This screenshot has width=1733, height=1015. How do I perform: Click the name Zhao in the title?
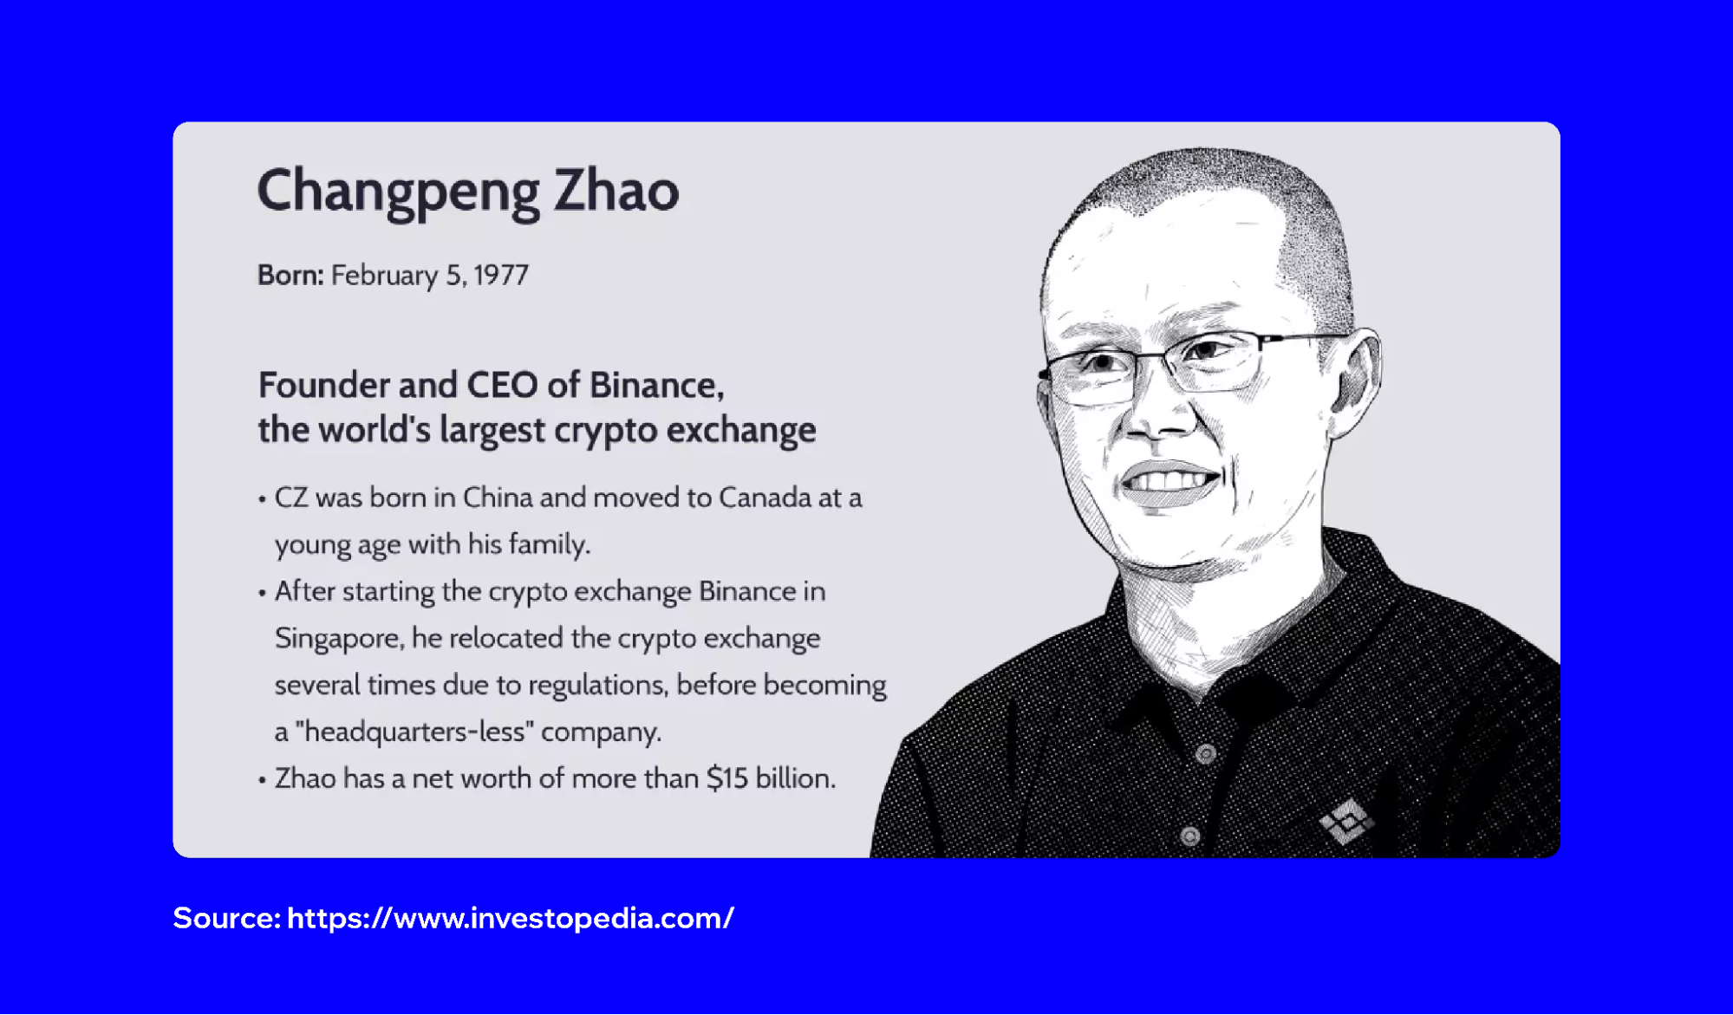616,191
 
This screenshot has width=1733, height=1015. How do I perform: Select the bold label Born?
290,275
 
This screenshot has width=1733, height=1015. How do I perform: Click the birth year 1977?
501,275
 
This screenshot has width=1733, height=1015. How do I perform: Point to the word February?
384,276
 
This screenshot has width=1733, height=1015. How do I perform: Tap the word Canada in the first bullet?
764,498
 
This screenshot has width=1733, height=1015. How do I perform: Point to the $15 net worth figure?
726,778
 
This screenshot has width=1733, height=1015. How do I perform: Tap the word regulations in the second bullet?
597,686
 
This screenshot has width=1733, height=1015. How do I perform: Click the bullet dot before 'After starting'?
262,593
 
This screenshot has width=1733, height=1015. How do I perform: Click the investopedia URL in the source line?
510,918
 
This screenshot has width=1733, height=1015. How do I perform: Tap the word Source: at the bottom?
226,918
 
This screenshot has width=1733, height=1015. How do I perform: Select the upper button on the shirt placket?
1205,754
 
